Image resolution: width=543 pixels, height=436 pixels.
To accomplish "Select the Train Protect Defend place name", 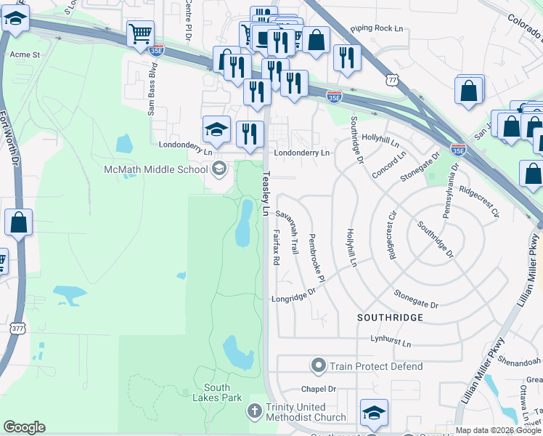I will pyautogui.click(x=375, y=366).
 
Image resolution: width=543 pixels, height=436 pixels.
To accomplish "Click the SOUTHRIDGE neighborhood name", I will pyautogui.click(x=389, y=318).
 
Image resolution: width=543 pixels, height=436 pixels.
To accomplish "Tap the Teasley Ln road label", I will pyautogui.click(x=266, y=193).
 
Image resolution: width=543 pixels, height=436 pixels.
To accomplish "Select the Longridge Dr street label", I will pyautogui.click(x=295, y=294).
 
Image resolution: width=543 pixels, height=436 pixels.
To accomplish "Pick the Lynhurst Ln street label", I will pyautogui.click(x=391, y=341).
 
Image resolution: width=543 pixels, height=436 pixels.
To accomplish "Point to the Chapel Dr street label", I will pyautogui.click(x=319, y=389).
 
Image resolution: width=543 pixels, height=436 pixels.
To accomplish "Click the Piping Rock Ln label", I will pyautogui.click(x=376, y=28).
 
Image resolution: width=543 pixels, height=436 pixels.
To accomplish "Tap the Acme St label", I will pyautogui.click(x=24, y=54).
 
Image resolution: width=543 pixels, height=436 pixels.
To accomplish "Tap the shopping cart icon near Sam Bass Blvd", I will pyautogui.click(x=139, y=33).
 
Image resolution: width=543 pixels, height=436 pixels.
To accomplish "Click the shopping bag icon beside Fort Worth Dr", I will pyautogui.click(x=18, y=222).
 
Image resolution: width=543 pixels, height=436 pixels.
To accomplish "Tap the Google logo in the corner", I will pyautogui.click(x=24, y=427).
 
